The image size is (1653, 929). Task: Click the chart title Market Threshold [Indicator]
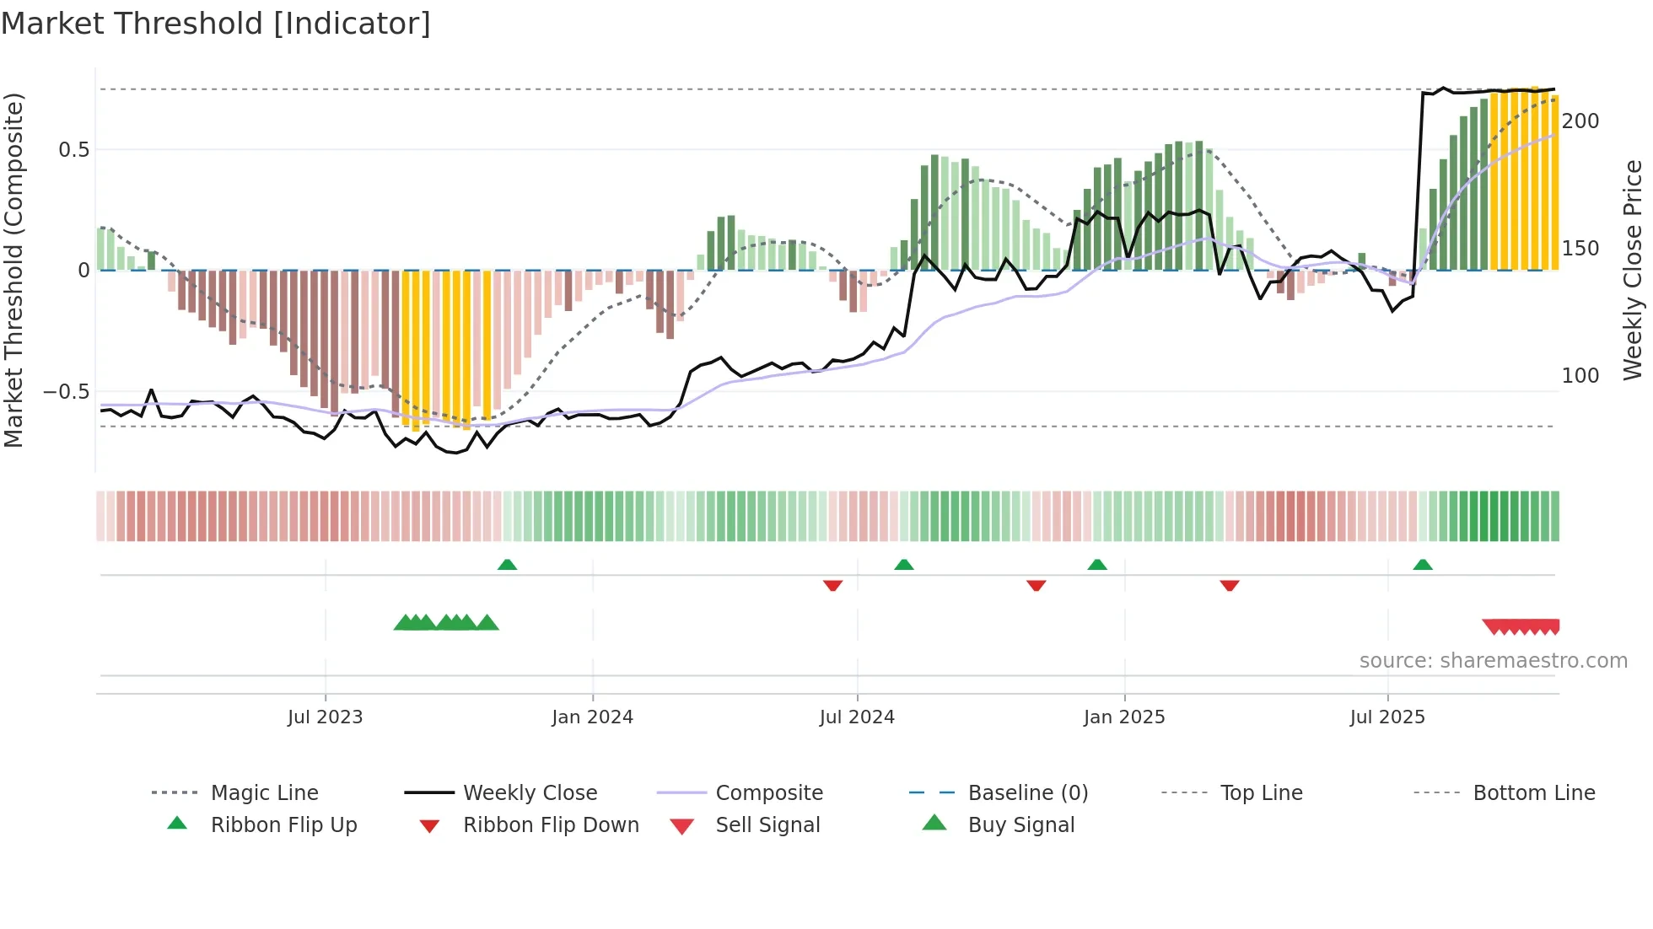point(216,24)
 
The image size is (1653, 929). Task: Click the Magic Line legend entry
point(264,793)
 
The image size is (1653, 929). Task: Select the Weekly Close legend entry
point(530,793)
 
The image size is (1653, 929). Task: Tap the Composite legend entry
point(768,793)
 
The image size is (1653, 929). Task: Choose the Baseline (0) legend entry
point(1027,793)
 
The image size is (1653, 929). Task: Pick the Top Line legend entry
point(1261,793)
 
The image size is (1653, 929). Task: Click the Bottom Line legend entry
point(1533,793)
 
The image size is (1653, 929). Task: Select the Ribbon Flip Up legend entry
point(283,825)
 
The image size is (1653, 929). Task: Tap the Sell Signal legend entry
point(767,825)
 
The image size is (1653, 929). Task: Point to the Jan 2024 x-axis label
point(592,717)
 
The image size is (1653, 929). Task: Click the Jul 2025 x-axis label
point(1387,717)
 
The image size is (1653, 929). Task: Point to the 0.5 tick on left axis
point(73,150)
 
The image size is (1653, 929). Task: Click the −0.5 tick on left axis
point(67,392)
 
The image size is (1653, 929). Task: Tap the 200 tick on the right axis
point(1580,121)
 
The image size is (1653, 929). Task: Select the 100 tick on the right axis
point(1580,376)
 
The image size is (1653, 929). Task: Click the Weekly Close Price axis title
point(1633,270)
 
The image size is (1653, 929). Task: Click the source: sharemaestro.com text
point(1493,661)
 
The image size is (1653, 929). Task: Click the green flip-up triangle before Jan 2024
point(507,565)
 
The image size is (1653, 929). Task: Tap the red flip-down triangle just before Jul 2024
point(832,585)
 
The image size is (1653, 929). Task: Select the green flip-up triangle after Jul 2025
point(1423,565)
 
